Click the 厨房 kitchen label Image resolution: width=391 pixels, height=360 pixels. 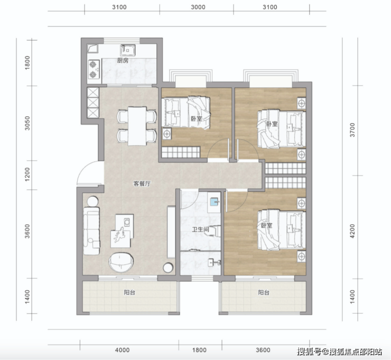123,60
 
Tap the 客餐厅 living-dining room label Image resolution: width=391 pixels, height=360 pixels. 142,184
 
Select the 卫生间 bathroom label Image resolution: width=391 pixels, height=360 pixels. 200,229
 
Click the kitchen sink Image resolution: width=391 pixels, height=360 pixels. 128,50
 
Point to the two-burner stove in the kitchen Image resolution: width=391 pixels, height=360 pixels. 94,69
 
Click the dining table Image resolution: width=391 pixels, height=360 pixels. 137,126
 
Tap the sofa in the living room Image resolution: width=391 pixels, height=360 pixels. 91,230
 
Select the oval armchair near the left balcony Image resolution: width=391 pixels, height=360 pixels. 120,262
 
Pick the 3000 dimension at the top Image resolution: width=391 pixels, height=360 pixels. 198,7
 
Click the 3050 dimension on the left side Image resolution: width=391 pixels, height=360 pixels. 27,123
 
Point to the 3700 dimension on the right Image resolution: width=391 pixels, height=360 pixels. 352,130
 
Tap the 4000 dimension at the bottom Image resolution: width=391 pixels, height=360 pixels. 122,350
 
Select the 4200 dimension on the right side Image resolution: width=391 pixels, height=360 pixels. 352,231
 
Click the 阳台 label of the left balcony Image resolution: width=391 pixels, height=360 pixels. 129,292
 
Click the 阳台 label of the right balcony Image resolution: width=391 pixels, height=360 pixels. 264,292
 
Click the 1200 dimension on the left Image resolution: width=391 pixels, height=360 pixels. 27,174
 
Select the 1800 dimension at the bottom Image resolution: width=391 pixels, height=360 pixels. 199,350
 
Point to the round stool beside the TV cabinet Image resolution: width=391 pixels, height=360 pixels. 169,267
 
